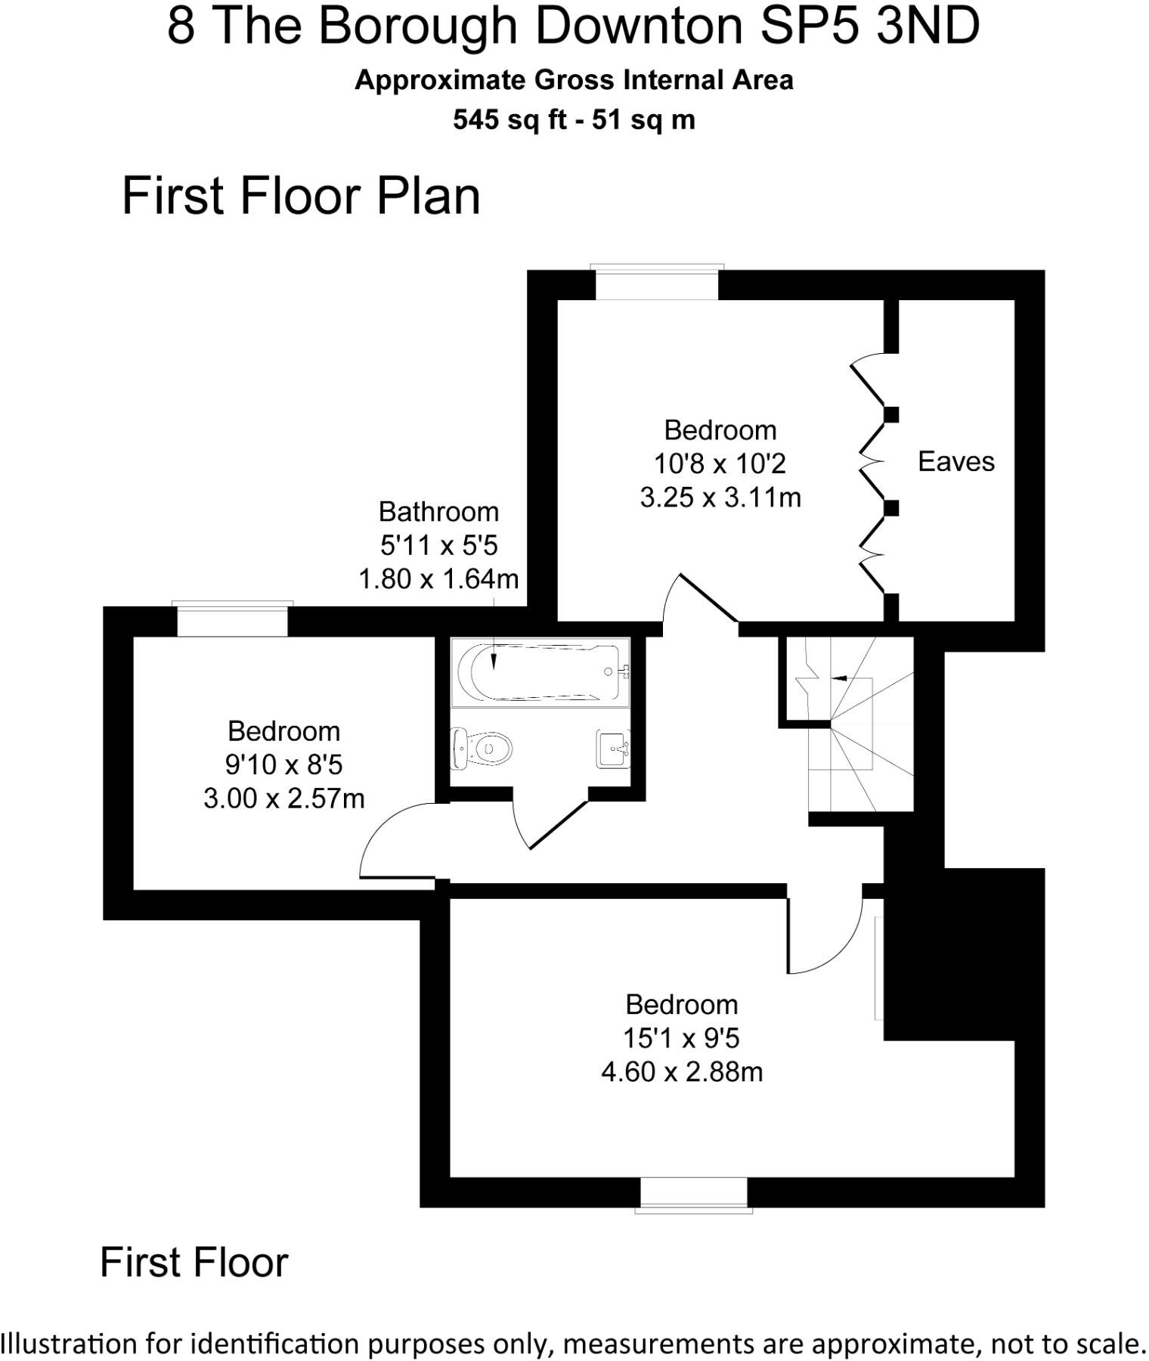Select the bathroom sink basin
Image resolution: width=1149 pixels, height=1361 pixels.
613,749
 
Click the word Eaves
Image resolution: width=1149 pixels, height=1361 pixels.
955,461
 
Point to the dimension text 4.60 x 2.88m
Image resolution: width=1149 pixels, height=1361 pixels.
681,1071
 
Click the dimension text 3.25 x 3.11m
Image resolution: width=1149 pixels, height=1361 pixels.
720,497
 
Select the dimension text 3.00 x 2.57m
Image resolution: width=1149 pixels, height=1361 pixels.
283,798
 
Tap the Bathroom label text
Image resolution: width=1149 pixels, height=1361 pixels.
438,512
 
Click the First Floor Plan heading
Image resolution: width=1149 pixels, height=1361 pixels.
301,196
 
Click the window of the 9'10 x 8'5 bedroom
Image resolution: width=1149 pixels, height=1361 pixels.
232,619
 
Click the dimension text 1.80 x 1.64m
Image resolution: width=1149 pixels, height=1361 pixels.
438,579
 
